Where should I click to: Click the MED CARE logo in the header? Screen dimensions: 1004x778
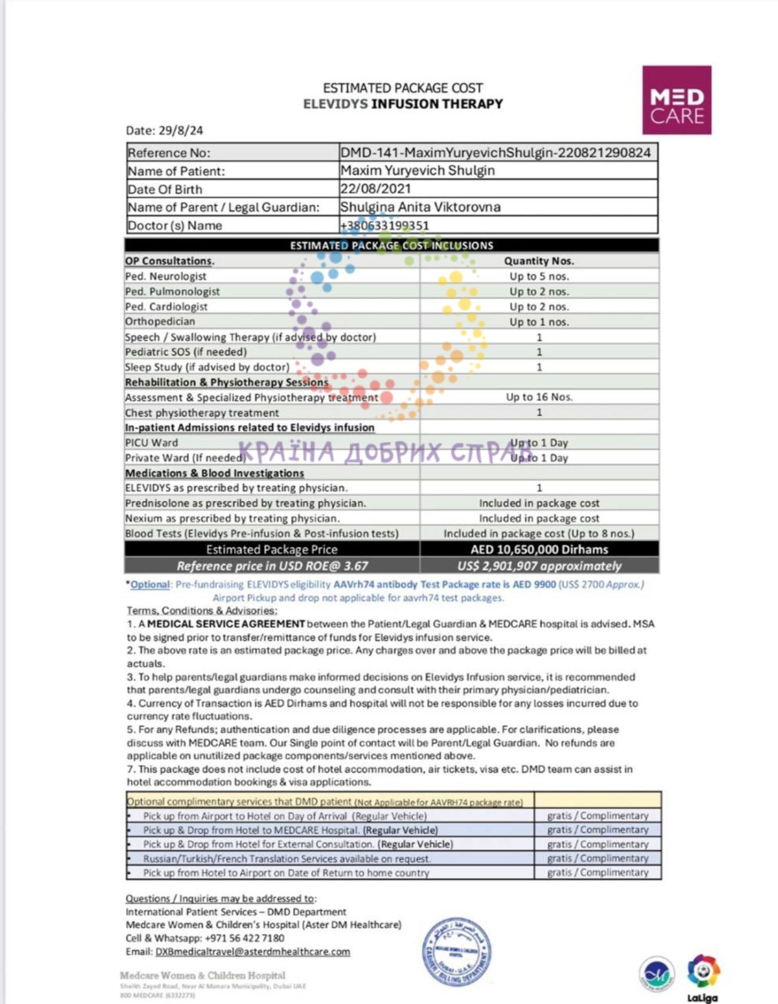(676, 100)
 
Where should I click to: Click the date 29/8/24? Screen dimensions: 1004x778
(180, 131)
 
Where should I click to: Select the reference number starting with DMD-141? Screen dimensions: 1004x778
(495, 153)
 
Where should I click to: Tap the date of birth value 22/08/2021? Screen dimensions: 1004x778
(375, 189)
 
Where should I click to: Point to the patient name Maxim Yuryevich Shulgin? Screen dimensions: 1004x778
(417, 171)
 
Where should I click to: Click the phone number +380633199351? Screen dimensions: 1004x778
(385, 225)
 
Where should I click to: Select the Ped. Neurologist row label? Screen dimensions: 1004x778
(166, 276)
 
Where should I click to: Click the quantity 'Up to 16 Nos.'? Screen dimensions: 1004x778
(539, 397)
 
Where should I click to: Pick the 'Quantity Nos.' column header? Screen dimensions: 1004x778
(539, 261)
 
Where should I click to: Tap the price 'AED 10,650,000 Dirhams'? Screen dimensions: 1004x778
(539, 549)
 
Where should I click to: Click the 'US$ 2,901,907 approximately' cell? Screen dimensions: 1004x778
(539, 566)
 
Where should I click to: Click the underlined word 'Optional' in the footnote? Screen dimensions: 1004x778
(150, 585)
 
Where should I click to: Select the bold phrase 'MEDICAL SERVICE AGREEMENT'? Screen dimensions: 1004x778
(226, 624)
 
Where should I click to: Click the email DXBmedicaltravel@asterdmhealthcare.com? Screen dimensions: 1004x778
(253, 952)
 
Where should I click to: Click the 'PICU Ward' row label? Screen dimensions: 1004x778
(151, 443)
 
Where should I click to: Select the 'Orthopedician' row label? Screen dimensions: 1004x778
(160, 321)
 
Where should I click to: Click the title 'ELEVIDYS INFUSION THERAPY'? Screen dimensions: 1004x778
(403, 104)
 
